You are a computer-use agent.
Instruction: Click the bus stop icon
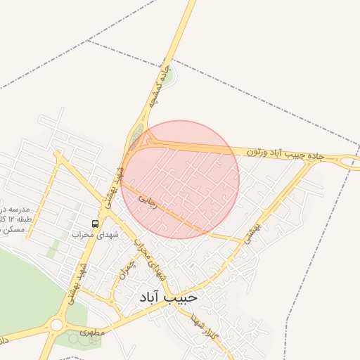pos(96,224)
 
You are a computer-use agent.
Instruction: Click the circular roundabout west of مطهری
pos(56,325)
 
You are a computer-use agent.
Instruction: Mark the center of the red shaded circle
pos(180,180)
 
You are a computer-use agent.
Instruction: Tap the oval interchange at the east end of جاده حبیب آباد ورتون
pos(347,162)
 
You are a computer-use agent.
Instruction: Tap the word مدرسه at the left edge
pos(13,210)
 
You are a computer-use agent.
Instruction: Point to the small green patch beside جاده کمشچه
pos(169,75)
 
